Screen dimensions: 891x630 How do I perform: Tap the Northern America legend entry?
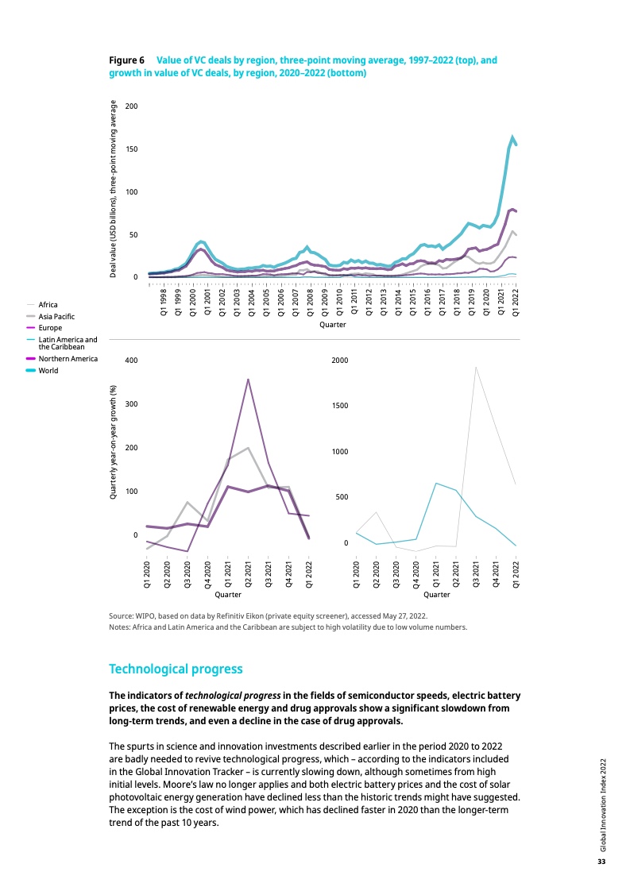point(68,358)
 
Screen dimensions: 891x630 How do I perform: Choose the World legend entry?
point(48,370)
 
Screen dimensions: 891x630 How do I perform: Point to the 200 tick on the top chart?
point(132,106)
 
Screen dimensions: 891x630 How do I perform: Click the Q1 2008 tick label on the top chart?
point(310,303)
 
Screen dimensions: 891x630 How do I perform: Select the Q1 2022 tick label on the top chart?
point(516,303)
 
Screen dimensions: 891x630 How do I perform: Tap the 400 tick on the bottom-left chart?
point(132,361)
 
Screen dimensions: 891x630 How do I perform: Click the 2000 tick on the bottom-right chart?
point(340,361)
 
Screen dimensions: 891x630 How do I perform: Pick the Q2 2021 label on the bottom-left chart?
point(248,573)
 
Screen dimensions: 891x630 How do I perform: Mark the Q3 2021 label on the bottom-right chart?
point(476,573)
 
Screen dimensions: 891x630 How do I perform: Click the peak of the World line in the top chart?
point(512,137)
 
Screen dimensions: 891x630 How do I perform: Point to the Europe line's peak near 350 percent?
point(248,379)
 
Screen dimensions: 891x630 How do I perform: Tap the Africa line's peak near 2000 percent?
point(476,367)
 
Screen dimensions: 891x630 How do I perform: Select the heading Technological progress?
point(175,669)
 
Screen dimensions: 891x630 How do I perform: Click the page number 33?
point(601,862)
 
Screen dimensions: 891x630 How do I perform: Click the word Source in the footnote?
point(122,615)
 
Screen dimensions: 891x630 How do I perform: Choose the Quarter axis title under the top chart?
point(332,325)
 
